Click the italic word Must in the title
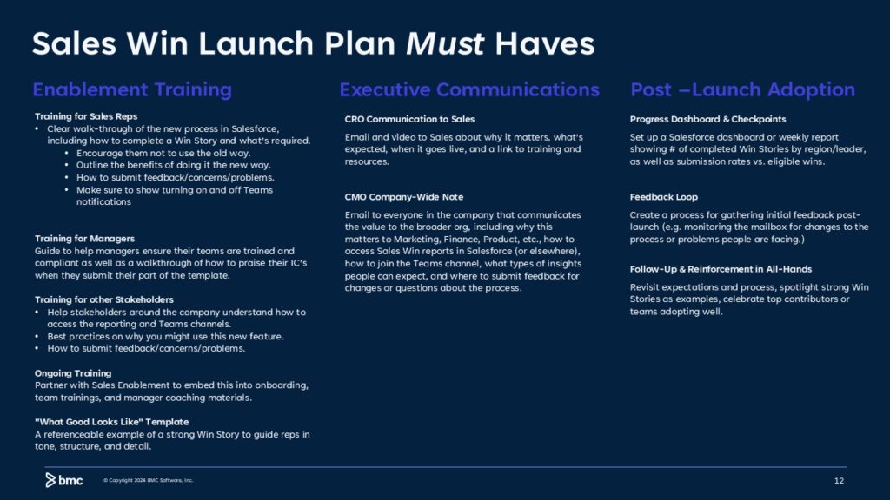pyautogui.click(x=444, y=43)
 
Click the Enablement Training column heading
pyautogui.click(x=132, y=89)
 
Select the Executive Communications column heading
pyautogui.click(x=469, y=89)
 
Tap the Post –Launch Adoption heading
pyautogui.click(x=742, y=89)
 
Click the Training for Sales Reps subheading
pyautogui.click(x=86, y=116)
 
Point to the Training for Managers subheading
pyautogui.click(x=84, y=239)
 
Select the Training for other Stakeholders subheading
pyautogui.click(x=104, y=299)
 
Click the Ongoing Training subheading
pyautogui.click(x=73, y=373)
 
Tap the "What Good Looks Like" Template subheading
pyautogui.click(x=112, y=422)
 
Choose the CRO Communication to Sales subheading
pyautogui.click(x=409, y=119)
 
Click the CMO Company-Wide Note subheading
pyautogui.click(x=403, y=197)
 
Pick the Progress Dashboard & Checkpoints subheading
pyautogui.click(x=707, y=119)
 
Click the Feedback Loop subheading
pyautogui.click(x=663, y=197)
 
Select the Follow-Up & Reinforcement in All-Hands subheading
pyautogui.click(x=721, y=269)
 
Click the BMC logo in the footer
pyautogui.click(x=64, y=480)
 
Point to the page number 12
pyautogui.click(x=839, y=481)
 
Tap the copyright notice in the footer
pyautogui.click(x=148, y=480)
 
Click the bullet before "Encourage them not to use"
pyautogui.click(x=66, y=153)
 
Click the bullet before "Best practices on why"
pyautogui.click(x=37, y=336)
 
